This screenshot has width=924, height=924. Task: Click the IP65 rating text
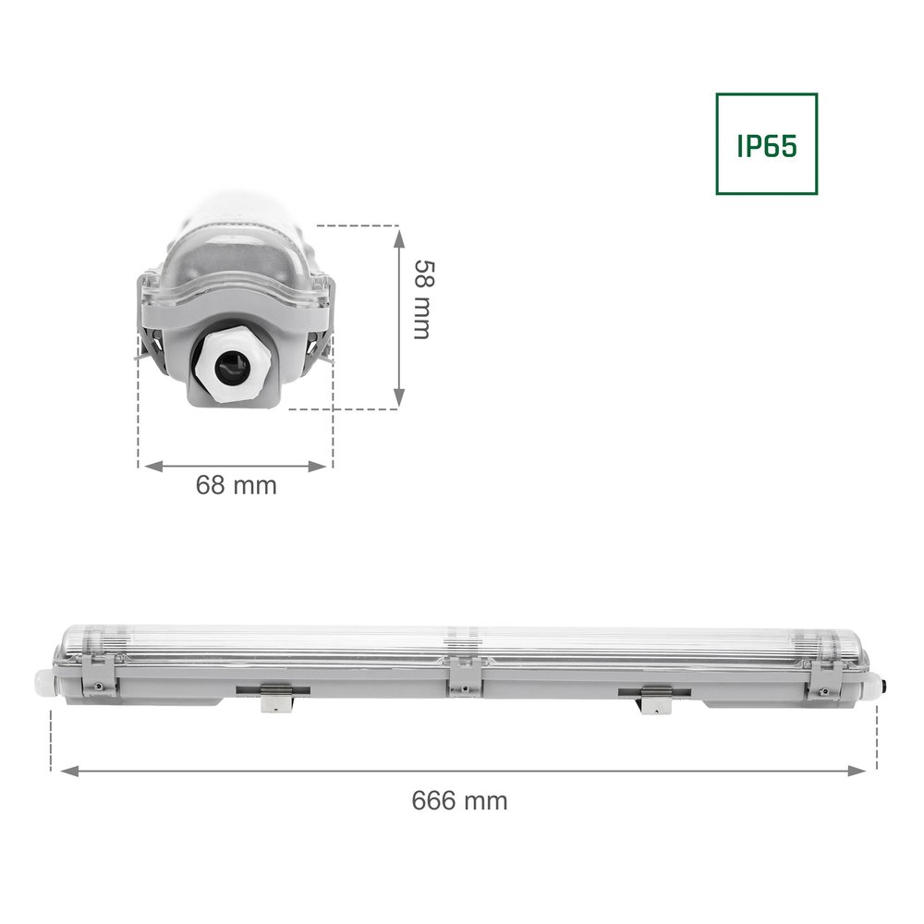click(x=766, y=144)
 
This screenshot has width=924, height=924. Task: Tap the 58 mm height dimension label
click(x=421, y=298)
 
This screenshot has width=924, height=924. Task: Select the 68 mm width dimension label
click(x=236, y=485)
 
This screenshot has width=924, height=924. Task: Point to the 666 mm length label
click(x=459, y=800)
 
